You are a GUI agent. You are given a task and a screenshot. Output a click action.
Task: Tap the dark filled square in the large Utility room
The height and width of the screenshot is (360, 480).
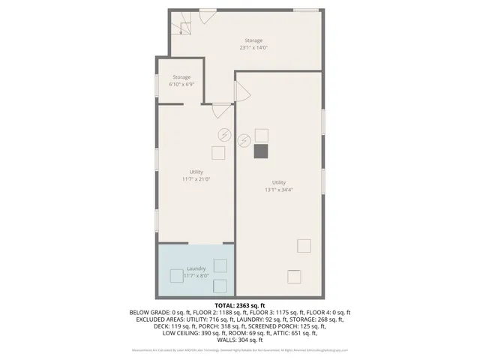point(261,151)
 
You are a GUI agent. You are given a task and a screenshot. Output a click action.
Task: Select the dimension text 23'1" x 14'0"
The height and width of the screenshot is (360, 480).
point(253,47)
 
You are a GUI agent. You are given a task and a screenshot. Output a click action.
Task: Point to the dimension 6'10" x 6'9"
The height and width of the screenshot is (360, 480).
point(181,85)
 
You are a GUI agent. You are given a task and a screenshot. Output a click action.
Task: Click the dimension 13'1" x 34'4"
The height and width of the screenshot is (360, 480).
point(279,190)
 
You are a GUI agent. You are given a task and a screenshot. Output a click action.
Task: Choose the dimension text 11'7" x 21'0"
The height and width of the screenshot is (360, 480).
point(196,179)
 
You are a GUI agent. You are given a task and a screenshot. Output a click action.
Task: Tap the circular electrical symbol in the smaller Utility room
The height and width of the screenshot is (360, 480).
point(223,135)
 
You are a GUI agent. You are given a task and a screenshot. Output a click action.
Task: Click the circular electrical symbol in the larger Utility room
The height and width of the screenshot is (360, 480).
point(244,140)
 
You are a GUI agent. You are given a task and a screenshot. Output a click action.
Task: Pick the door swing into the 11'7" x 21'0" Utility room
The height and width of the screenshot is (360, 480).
point(221,110)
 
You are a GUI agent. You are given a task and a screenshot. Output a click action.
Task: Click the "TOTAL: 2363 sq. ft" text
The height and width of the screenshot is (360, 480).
point(240,305)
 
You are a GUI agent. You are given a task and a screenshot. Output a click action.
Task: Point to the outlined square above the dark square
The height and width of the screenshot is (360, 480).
point(261,135)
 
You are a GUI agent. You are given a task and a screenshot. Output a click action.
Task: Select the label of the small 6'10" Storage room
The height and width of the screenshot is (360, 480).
point(181,77)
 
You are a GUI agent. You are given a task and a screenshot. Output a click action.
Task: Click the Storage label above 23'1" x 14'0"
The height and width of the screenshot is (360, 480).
point(253,40)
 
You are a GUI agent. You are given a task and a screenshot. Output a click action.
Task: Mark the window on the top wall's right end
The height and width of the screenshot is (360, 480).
point(305,10)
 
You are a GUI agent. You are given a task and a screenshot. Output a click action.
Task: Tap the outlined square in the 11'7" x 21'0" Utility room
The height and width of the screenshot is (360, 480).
point(217,153)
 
